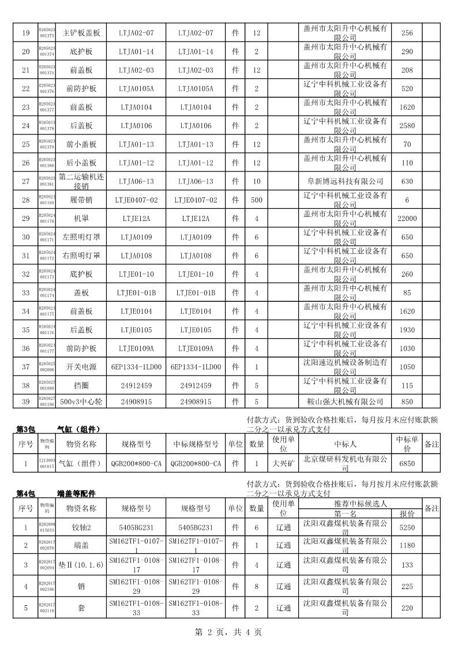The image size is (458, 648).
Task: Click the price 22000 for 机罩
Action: click(407, 218)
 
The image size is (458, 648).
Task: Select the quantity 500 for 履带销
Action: click(257, 200)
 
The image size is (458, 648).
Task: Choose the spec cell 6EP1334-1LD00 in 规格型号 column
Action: click(136, 366)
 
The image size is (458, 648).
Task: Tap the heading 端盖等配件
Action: click(77, 494)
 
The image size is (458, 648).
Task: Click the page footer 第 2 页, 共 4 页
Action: click(229, 632)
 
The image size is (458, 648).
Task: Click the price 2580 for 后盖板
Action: click(407, 126)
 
